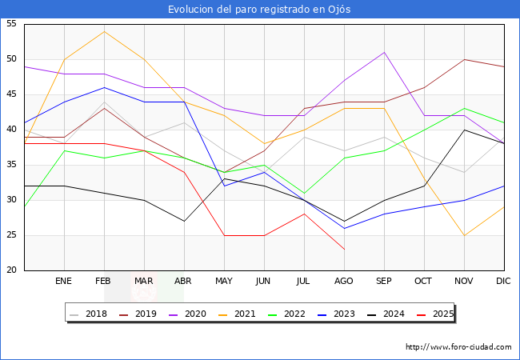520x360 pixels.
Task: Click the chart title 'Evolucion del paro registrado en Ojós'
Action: click(x=259, y=10)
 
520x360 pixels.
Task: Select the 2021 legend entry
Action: click(x=238, y=314)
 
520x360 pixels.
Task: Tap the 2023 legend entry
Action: click(x=336, y=314)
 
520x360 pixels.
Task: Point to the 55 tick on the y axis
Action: click(x=11, y=24)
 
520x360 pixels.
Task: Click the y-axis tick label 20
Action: click(x=11, y=270)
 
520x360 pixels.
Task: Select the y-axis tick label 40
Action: click(x=11, y=130)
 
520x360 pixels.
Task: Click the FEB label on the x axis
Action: click(x=104, y=282)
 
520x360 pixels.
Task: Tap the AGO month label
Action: click(x=344, y=282)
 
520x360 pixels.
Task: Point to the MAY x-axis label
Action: click(x=224, y=282)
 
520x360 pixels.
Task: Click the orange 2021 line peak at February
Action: click(x=104, y=31)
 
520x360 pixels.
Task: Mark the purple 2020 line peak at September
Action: click(x=384, y=53)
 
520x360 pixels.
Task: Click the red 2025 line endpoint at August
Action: click(x=344, y=250)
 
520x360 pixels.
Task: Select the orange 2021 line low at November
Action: click(x=464, y=235)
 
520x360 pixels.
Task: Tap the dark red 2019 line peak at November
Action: click(x=464, y=59)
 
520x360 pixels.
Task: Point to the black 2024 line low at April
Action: click(x=184, y=221)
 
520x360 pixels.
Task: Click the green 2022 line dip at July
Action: click(x=304, y=193)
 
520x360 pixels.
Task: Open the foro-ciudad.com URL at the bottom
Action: click(x=458, y=347)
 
